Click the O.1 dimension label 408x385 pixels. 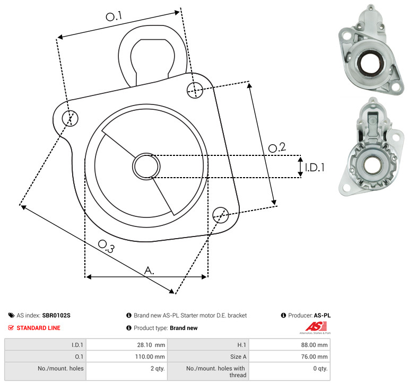pyautogui.click(x=114, y=16)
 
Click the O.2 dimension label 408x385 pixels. pyautogui.click(x=277, y=147)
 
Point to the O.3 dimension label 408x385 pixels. pyautogui.click(x=106, y=246)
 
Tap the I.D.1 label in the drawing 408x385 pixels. pyautogui.click(x=315, y=167)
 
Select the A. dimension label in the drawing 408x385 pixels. pyautogui.click(x=149, y=270)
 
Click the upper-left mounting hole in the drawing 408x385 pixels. pyautogui.click(x=70, y=118)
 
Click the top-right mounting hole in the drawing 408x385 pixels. pyautogui.click(x=195, y=90)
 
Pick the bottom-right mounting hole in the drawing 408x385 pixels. pyautogui.click(x=221, y=215)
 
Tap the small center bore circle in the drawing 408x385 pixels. pyautogui.click(x=146, y=167)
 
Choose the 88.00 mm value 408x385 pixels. pyautogui.click(x=314, y=345)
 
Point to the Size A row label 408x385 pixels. pyautogui.click(x=238, y=357)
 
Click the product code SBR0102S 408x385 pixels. pyautogui.click(x=56, y=316)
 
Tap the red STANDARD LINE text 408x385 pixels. pyautogui.click(x=39, y=328)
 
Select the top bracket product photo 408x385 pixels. pyautogui.click(x=371, y=49)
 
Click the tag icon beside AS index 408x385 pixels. pyautogui.click(x=11, y=316)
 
